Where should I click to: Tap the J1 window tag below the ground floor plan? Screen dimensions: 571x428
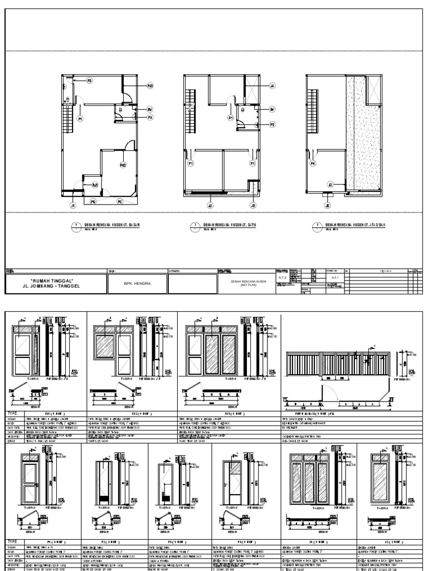click(x=72, y=206)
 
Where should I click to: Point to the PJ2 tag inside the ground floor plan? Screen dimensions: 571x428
click(x=123, y=164)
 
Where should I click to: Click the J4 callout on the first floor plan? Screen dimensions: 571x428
click(x=272, y=86)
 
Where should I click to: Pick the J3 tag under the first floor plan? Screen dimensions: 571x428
click(x=210, y=206)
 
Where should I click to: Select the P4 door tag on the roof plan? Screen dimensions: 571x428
click(x=313, y=164)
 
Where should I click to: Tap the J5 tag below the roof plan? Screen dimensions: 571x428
click(x=328, y=206)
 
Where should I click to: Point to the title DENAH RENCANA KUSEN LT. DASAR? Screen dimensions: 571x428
click(x=111, y=224)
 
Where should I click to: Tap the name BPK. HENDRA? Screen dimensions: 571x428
click(x=137, y=283)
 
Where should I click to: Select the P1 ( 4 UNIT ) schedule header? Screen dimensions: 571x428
click(x=53, y=541)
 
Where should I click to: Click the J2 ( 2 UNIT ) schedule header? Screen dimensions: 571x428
click(x=390, y=541)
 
